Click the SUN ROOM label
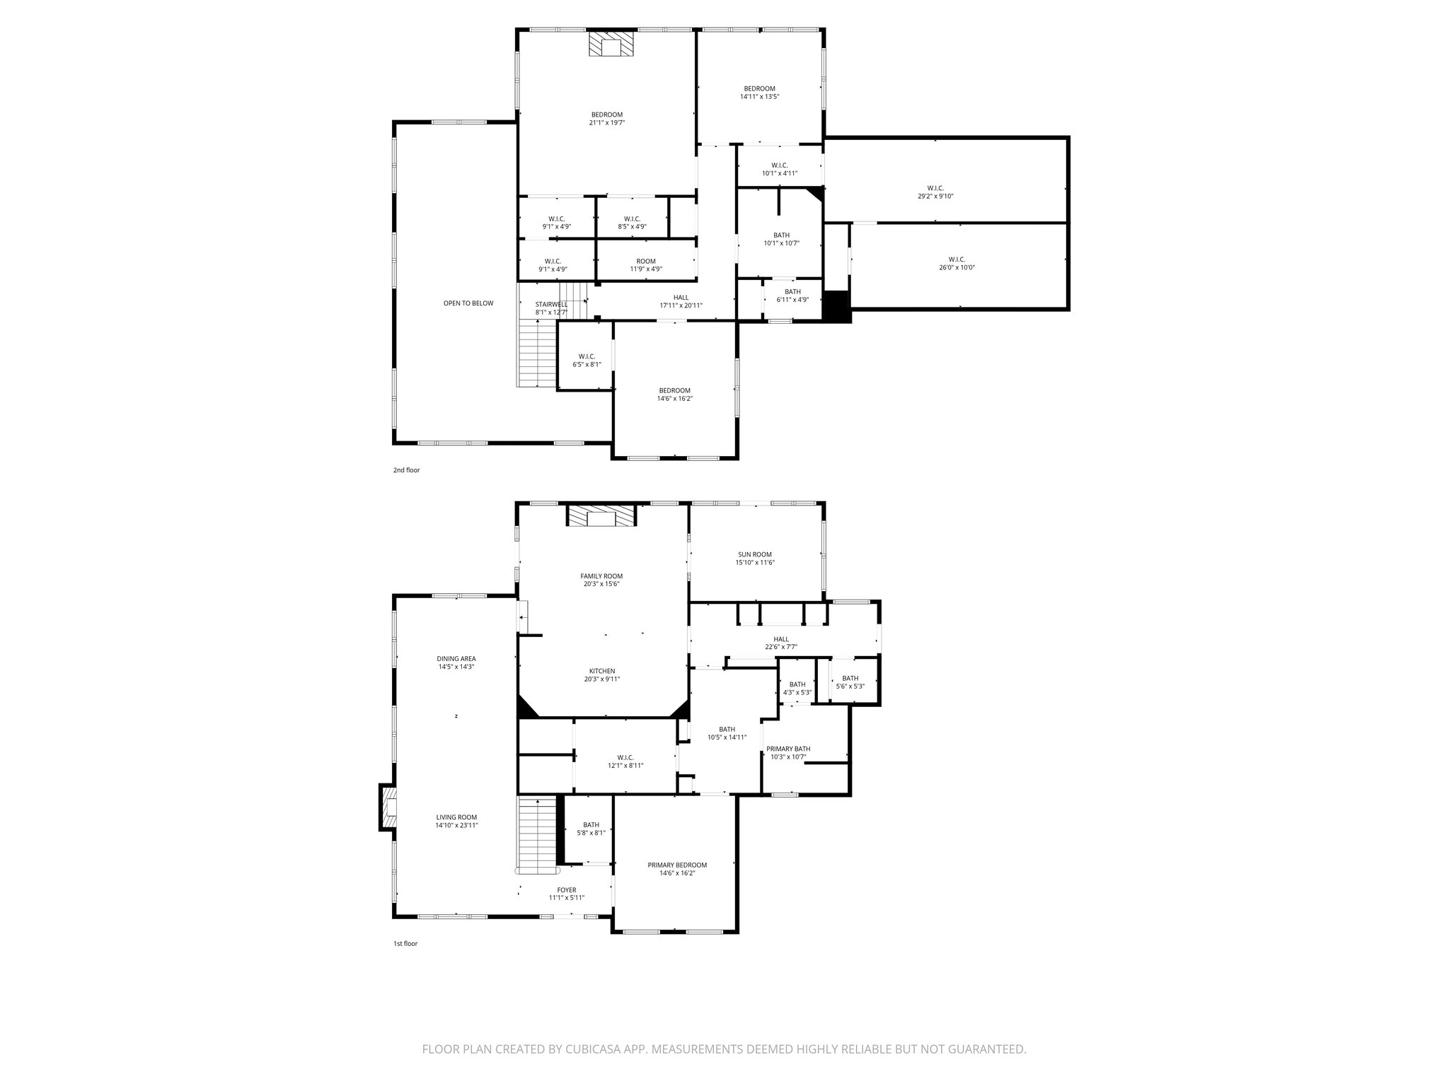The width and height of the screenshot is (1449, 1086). (x=755, y=554)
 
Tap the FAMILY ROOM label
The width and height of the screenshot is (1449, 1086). (x=601, y=576)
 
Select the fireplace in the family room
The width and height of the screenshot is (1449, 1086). (x=601, y=517)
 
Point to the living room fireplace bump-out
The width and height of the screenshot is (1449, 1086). (x=387, y=806)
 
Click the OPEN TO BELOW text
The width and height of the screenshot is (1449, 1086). (x=468, y=303)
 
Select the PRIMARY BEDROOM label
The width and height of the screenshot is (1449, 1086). (x=677, y=865)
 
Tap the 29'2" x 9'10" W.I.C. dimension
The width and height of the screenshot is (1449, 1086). (x=935, y=197)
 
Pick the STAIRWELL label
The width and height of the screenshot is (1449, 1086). (x=551, y=304)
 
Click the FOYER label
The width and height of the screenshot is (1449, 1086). (x=567, y=890)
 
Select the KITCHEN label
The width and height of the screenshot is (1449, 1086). (x=602, y=671)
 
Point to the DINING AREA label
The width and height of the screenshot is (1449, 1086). (x=456, y=658)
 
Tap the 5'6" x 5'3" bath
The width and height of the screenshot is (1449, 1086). (x=850, y=682)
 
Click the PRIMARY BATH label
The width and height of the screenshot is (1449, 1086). (x=788, y=749)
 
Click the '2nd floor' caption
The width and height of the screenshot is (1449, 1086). (x=406, y=470)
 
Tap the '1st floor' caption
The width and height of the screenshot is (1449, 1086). (x=405, y=943)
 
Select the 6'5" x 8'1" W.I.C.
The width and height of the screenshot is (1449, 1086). (x=587, y=361)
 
